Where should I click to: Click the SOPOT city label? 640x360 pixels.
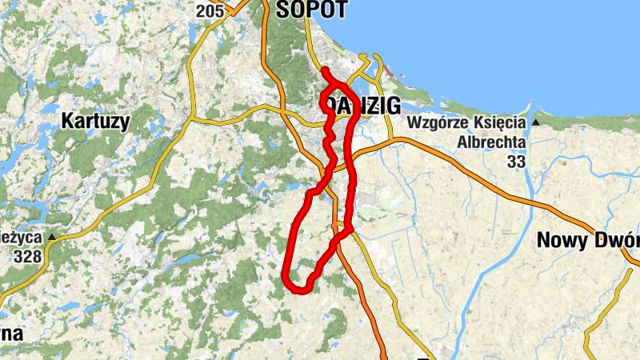(x=311, y=9)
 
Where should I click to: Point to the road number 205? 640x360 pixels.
(x=209, y=10)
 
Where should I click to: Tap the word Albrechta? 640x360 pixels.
(x=491, y=142)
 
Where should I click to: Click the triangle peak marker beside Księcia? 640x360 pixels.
(x=535, y=123)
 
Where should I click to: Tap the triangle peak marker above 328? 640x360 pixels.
(x=52, y=238)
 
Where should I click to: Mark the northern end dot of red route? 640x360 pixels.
(x=325, y=72)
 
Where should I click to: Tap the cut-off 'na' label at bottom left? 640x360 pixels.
(x=11, y=333)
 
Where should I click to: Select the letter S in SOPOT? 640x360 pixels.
(x=282, y=9)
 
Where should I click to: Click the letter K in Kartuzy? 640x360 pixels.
(x=68, y=122)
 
